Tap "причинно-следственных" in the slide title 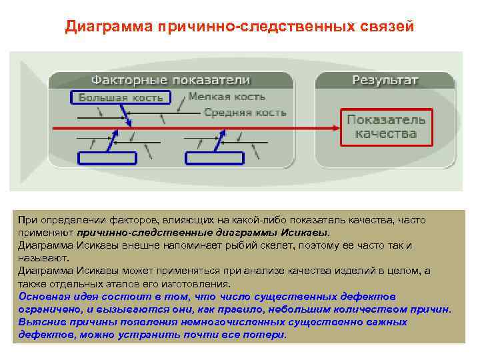tap(254, 27)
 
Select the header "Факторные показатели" tap(171, 80)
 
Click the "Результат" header tap(385, 80)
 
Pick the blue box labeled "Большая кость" tap(121, 97)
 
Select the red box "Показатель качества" tap(386, 127)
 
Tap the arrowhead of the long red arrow tap(337, 127)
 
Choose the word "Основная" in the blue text tap(42, 297)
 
